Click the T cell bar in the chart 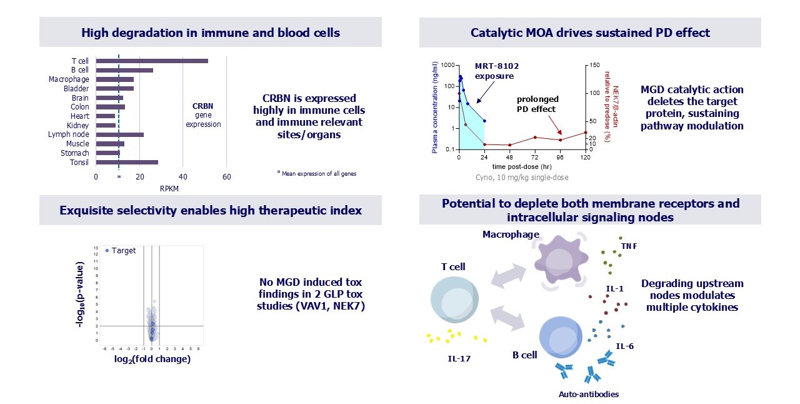click(152, 61)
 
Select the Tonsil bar click(127, 162)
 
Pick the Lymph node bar click(120, 134)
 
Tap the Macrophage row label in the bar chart click(69, 79)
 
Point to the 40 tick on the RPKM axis click(182, 177)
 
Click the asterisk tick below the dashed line click(119, 177)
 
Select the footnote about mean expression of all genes click(316, 173)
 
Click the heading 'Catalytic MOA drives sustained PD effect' click(590, 33)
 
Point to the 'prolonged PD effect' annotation click(537, 104)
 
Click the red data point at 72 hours click(535, 138)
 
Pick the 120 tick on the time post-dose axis click(586, 158)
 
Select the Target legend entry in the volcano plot click(121, 251)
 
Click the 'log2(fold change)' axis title click(152, 359)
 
